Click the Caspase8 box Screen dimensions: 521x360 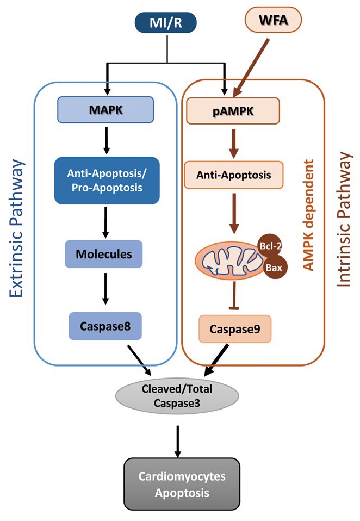pyautogui.click(x=105, y=326)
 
